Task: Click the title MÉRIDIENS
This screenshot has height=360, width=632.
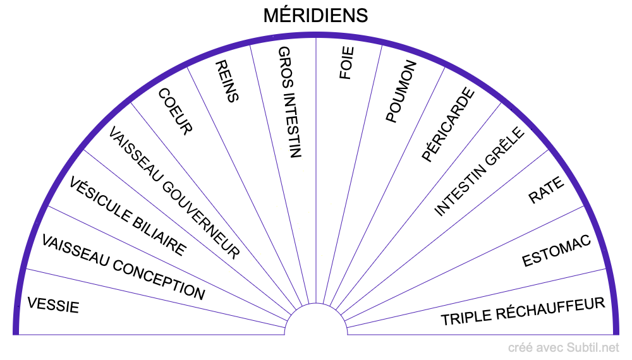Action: point(315,15)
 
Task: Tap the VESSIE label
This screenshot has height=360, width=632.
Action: point(53,304)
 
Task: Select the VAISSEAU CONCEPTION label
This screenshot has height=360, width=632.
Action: point(123,267)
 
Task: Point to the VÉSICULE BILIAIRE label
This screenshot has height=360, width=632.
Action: point(128,217)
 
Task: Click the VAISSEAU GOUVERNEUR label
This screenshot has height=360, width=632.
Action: point(174,193)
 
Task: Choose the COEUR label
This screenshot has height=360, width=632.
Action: point(174,111)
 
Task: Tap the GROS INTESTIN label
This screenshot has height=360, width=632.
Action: point(290,101)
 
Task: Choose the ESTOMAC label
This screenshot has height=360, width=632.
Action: point(556,251)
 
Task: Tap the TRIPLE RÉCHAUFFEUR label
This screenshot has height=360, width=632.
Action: point(523,311)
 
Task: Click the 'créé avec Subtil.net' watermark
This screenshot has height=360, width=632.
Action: point(564,347)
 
